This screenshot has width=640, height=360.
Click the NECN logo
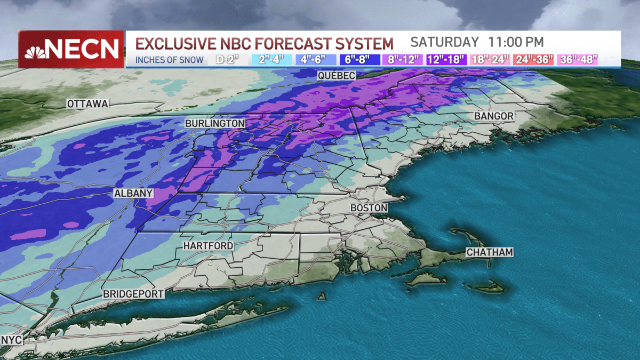tap(71, 50)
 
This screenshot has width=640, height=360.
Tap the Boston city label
tap(369, 207)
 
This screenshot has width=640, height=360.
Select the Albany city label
tap(134, 194)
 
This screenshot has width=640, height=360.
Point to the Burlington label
tap(215, 123)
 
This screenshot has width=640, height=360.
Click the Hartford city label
tap(208, 246)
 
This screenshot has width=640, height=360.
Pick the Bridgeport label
tap(133, 294)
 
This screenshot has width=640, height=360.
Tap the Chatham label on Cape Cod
tap(489, 252)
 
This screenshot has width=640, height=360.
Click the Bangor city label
tap(494, 116)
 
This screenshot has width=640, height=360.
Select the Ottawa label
tap(88, 103)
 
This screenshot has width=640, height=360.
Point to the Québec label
tap(336, 76)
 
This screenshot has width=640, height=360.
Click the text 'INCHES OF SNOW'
tap(170, 60)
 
